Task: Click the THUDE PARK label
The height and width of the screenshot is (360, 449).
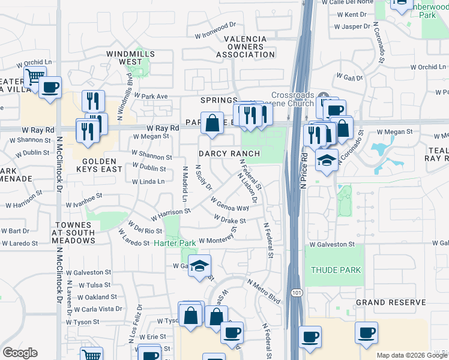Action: [336, 270]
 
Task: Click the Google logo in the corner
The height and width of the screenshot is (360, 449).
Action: [20, 352]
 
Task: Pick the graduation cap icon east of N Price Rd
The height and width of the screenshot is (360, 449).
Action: [326, 160]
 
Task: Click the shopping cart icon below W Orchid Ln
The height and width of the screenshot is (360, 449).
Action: [35, 77]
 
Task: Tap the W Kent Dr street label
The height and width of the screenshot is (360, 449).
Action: [355, 14]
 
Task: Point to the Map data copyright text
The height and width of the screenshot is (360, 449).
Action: [412, 355]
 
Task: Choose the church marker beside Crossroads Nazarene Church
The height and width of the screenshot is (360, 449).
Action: [324, 96]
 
